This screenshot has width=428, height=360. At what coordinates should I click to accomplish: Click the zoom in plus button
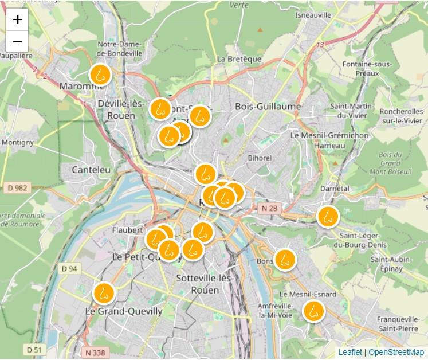click(x=18, y=19)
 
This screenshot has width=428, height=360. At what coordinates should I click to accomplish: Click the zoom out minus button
click(x=18, y=41)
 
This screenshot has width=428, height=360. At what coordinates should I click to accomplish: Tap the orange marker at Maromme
click(x=100, y=75)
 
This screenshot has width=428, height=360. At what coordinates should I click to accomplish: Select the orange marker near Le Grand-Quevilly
click(x=104, y=292)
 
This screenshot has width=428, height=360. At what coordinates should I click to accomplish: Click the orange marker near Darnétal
click(x=328, y=217)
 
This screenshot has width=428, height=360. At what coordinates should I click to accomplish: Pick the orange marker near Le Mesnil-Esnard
click(x=313, y=311)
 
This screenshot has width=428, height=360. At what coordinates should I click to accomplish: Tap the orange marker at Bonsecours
click(x=284, y=259)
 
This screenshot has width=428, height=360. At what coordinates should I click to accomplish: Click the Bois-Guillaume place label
click(x=268, y=107)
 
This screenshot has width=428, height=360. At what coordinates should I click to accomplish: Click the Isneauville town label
click(x=313, y=15)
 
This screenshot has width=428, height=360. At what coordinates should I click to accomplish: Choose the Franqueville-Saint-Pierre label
click(x=389, y=324)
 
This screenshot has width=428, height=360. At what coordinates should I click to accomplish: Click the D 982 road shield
click(x=18, y=187)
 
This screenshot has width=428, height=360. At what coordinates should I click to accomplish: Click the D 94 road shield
click(x=69, y=268)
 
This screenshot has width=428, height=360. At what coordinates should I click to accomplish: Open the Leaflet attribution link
click(x=350, y=352)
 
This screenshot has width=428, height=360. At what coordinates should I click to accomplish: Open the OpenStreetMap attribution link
click(x=396, y=352)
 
